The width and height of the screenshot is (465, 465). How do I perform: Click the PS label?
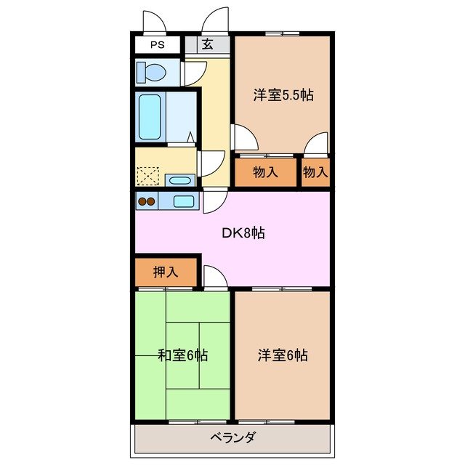pos(157,44)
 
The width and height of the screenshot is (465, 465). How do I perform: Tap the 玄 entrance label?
pos(208,44)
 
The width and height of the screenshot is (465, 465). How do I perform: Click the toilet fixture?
pos(152,72)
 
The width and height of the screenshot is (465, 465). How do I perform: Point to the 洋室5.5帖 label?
pos(283,95)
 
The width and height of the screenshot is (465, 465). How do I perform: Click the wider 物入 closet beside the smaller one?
pos(265,173)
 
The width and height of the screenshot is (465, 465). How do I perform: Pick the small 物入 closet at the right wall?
pos(315,173)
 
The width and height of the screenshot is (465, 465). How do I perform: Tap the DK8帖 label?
pos(243,233)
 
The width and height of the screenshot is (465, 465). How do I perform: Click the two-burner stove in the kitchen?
pos(147,202)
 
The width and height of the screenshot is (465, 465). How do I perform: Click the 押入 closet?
pos(166,272)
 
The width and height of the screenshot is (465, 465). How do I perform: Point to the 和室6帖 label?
pos(183,355)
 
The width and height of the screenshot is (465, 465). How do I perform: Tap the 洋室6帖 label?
pos(283,355)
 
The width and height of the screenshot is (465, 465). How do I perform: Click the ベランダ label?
pos(232,438)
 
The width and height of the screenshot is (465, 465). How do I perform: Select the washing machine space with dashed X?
pos(148,177)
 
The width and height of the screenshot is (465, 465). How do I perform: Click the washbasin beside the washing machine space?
pos(179,179)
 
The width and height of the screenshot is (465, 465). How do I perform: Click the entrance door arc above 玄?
pos(216,22)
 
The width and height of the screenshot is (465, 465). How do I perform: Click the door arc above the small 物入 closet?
pos(315,145)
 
